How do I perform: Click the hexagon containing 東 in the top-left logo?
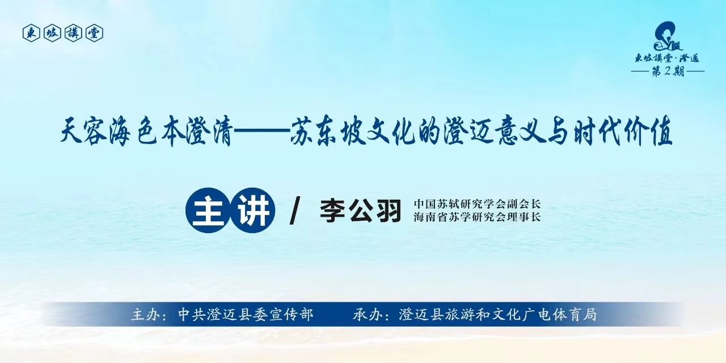31,33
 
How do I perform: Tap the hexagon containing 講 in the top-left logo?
73,33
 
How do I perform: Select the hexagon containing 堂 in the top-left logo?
94,33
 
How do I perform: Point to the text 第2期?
668,71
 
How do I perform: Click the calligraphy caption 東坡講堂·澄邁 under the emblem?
668,58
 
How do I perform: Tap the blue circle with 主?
208,210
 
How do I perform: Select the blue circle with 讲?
253,210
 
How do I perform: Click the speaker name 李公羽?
360,210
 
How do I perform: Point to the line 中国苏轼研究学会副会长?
477,204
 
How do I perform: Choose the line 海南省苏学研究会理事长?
477,217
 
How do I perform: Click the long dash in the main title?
261,131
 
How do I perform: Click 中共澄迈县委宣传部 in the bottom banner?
246,314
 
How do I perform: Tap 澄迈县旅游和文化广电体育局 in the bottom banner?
497,314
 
